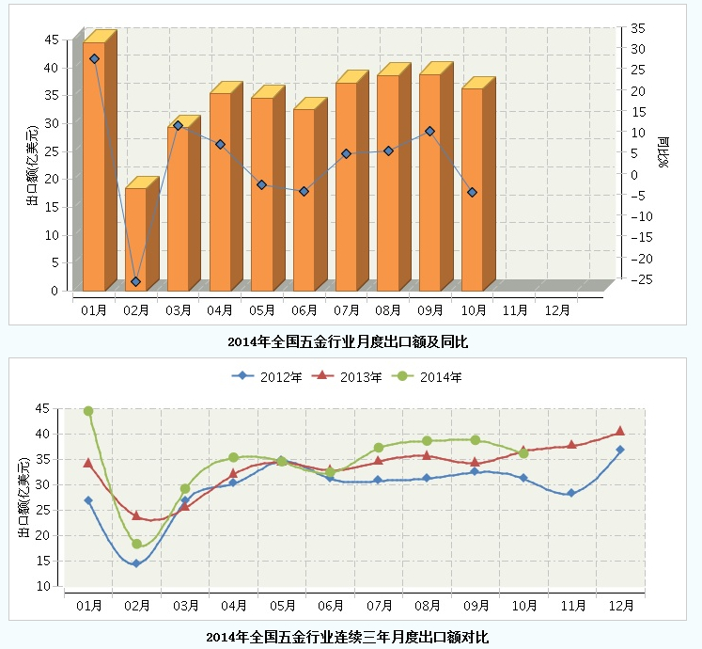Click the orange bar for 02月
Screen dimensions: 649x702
click(x=135, y=240)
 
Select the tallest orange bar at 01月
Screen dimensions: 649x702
click(x=94, y=169)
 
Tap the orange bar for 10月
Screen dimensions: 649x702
click(x=472, y=188)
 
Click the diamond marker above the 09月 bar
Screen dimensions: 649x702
click(x=429, y=131)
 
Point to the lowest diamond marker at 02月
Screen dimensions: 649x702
click(x=135, y=281)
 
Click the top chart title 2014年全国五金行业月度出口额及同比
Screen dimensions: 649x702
click(x=348, y=341)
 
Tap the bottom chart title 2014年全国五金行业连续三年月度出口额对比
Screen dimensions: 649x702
click(x=348, y=637)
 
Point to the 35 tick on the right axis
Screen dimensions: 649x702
click(x=637, y=28)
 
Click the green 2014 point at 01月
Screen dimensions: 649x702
click(x=88, y=411)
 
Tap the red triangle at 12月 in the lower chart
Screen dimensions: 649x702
click(x=619, y=432)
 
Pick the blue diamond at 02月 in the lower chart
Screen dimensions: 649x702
click(x=136, y=563)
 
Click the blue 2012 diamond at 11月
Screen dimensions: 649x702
click(x=570, y=493)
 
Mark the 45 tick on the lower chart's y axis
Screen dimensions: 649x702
click(x=41, y=408)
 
